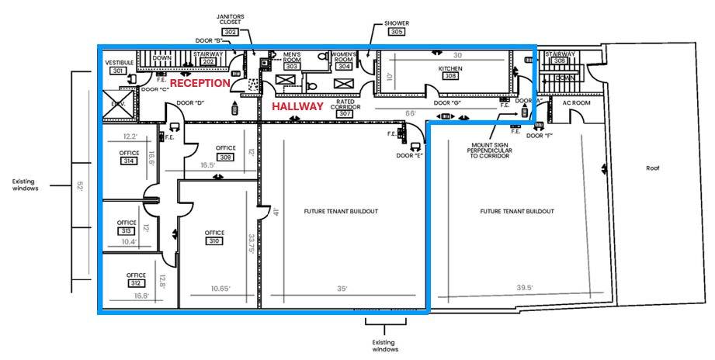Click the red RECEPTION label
pyautogui.click(x=200, y=83)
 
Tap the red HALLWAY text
pyautogui.click(x=297, y=106)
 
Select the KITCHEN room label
pyautogui.click(x=450, y=69)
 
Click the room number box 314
pyautogui.click(x=129, y=161)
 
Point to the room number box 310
pyautogui.click(x=214, y=241)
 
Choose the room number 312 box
pyautogui.click(x=136, y=283)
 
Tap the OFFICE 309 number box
pyautogui.click(x=226, y=157)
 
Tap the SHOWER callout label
pyautogui.click(x=396, y=23)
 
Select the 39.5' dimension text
pyautogui.click(x=526, y=288)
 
